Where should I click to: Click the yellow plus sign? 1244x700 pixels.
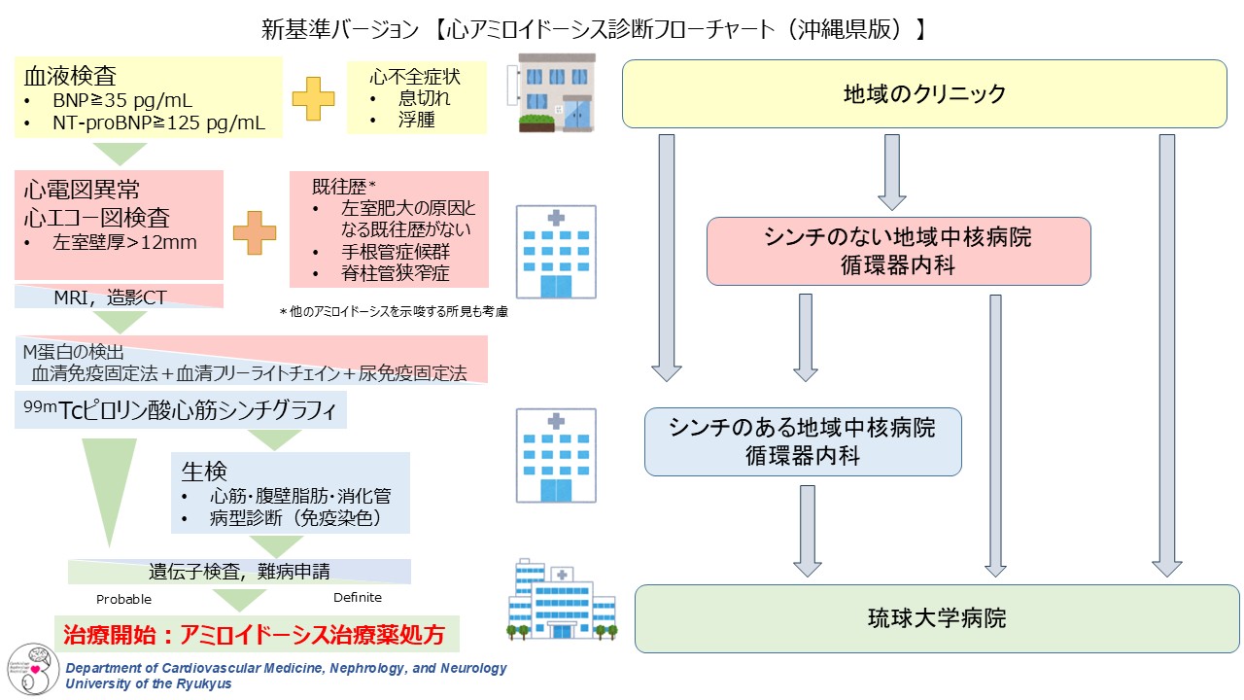(313, 99)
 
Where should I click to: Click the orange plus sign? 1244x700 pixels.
(255, 232)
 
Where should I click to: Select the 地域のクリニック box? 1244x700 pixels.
(923, 94)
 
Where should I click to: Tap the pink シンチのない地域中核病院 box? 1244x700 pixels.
(898, 251)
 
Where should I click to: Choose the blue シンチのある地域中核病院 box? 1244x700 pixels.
(803, 441)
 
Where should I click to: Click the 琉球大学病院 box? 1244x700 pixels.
(937, 618)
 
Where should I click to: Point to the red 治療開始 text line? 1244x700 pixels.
(255, 636)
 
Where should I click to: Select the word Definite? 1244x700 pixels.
(358, 598)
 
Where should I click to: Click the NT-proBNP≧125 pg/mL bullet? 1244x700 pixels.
(159, 122)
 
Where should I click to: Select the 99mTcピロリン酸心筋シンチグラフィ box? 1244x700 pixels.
(182, 410)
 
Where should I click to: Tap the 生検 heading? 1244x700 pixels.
(204, 472)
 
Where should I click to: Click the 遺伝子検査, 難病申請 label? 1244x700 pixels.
(239, 571)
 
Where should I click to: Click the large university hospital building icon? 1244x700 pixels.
(561, 600)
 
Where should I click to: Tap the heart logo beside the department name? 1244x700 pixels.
(34, 670)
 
